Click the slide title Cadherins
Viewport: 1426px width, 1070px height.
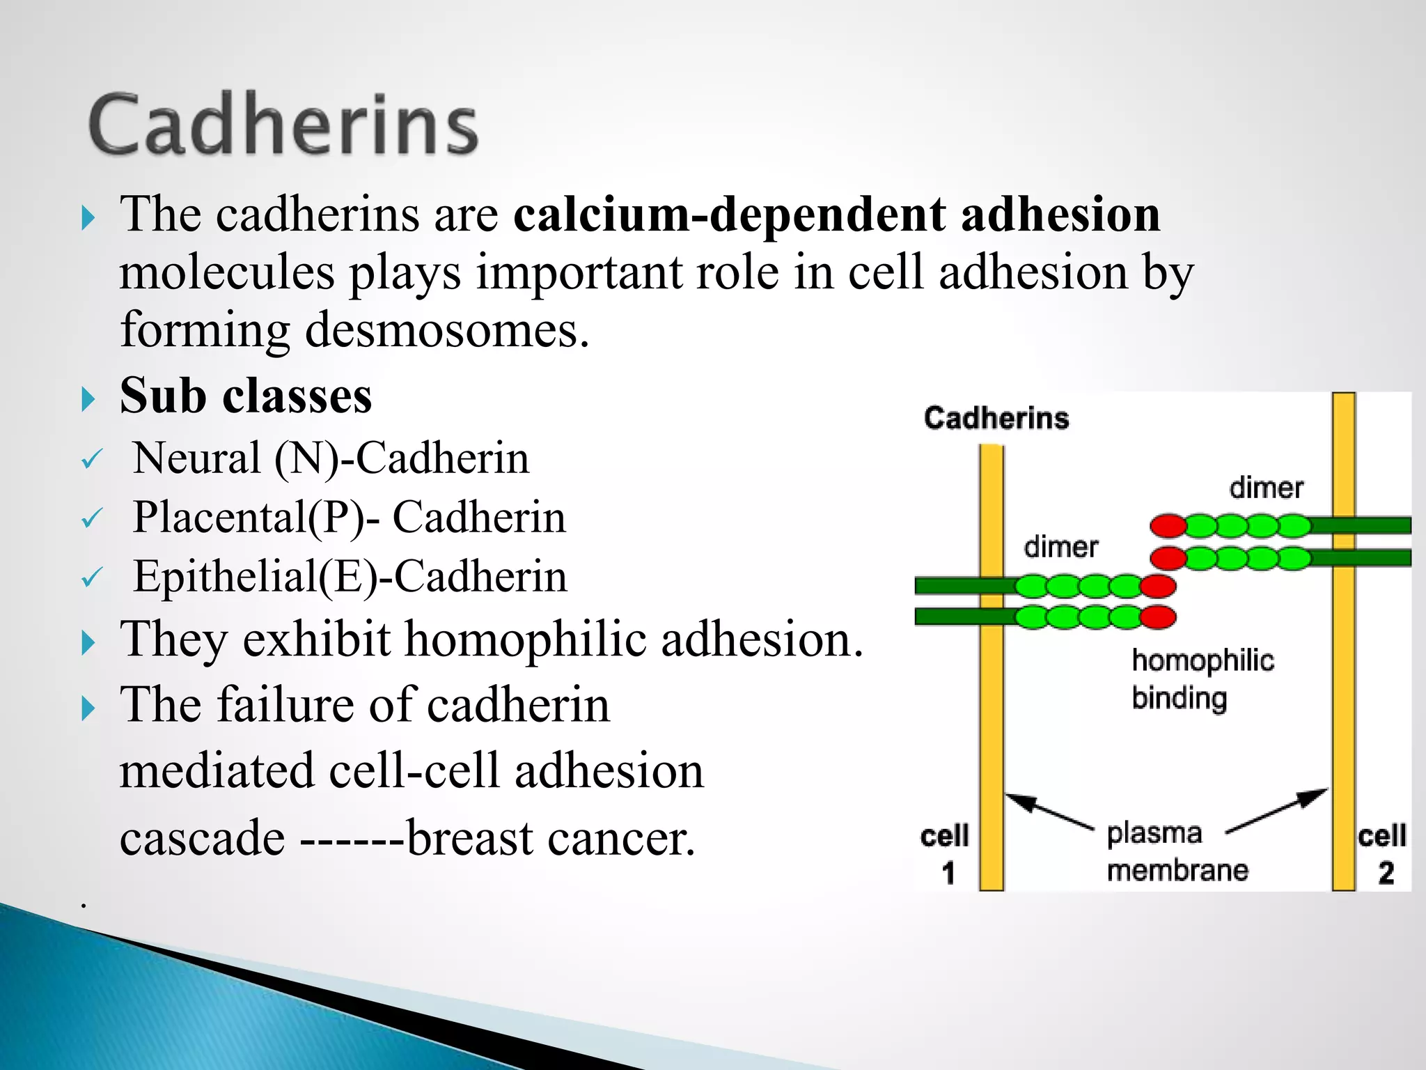(283, 125)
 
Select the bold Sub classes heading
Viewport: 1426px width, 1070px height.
(246, 396)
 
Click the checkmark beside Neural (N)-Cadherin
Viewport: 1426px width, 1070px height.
(92, 460)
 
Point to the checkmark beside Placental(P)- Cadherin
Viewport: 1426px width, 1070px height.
(92, 519)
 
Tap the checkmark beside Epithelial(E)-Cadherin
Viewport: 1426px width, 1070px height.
(92, 578)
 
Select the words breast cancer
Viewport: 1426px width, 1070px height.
(550, 838)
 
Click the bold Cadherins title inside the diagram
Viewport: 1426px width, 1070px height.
(996, 418)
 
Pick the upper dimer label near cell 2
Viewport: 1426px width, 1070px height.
(1266, 488)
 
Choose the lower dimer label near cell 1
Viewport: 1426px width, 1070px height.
(1060, 547)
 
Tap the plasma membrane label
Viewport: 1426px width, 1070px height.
(1177, 851)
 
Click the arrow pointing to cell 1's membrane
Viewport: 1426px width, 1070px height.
(1048, 811)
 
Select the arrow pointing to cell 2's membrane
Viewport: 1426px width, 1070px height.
(1278, 809)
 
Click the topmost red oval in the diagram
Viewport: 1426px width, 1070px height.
(1168, 525)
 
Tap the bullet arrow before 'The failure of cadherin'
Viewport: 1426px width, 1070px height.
(88, 708)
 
